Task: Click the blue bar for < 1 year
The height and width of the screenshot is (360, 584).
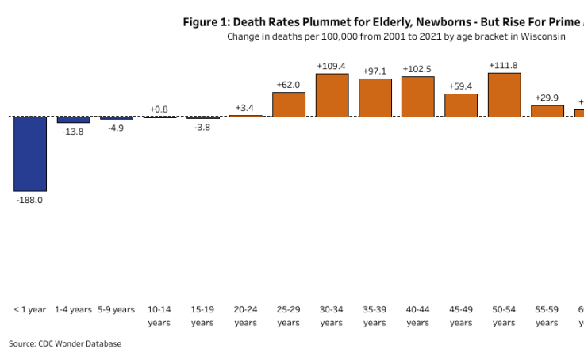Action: tap(30, 154)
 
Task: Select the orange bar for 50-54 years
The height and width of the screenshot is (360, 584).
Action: tap(504, 95)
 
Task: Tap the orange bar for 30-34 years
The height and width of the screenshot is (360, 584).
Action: tap(332, 95)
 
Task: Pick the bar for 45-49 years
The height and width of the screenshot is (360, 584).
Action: tap(461, 105)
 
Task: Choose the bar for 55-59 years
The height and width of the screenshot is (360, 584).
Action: tap(547, 111)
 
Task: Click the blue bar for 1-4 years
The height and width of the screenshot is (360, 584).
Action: tap(73, 120)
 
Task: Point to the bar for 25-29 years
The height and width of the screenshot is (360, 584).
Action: tap(289, 105)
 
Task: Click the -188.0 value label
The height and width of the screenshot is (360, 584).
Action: tap(30, 201)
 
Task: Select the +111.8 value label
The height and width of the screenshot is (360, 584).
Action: tap(504, 65)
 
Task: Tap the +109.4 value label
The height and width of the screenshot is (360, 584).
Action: tap(332, 66)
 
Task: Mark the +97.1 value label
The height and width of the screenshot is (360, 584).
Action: tap(375, 71)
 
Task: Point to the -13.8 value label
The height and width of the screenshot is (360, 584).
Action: tap(73, 132)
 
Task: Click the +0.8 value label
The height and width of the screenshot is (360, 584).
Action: tap(159, 109)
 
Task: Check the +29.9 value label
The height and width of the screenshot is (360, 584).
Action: tap(547, 97)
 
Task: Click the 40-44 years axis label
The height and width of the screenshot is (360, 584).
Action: tap(417, 316)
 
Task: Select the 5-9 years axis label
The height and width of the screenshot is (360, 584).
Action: tap(116, 309)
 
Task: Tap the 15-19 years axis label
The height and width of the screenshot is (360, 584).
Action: tap(202, 316)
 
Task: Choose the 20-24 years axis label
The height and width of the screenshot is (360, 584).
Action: tap(245, 316)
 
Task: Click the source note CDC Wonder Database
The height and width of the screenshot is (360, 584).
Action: tap(65, 343)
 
